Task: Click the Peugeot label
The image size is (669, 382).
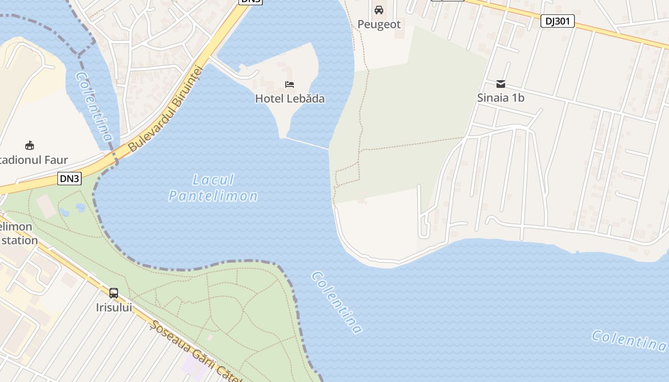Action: [379, 24]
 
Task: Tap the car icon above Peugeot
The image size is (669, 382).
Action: [379, 10]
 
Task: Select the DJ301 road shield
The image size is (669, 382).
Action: [558, 21]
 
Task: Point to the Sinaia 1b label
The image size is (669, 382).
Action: [501, 98]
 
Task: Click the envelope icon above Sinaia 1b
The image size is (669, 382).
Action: [501, 84]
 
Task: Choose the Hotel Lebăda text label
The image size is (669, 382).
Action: [290, 99]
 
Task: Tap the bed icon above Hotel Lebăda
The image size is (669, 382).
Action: [290, 85]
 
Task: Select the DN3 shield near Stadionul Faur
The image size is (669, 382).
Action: [70, 179]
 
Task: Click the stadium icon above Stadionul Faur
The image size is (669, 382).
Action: [30, 145]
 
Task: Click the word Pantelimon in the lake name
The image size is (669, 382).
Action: [213, 196]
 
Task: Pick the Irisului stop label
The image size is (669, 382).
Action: [114, 307]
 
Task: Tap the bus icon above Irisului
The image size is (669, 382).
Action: [114, 293]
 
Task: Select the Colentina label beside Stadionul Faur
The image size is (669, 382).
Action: [94, 106]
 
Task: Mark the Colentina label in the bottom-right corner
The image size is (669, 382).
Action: [628, 340]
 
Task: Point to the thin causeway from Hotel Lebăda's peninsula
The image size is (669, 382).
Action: [307, 144]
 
